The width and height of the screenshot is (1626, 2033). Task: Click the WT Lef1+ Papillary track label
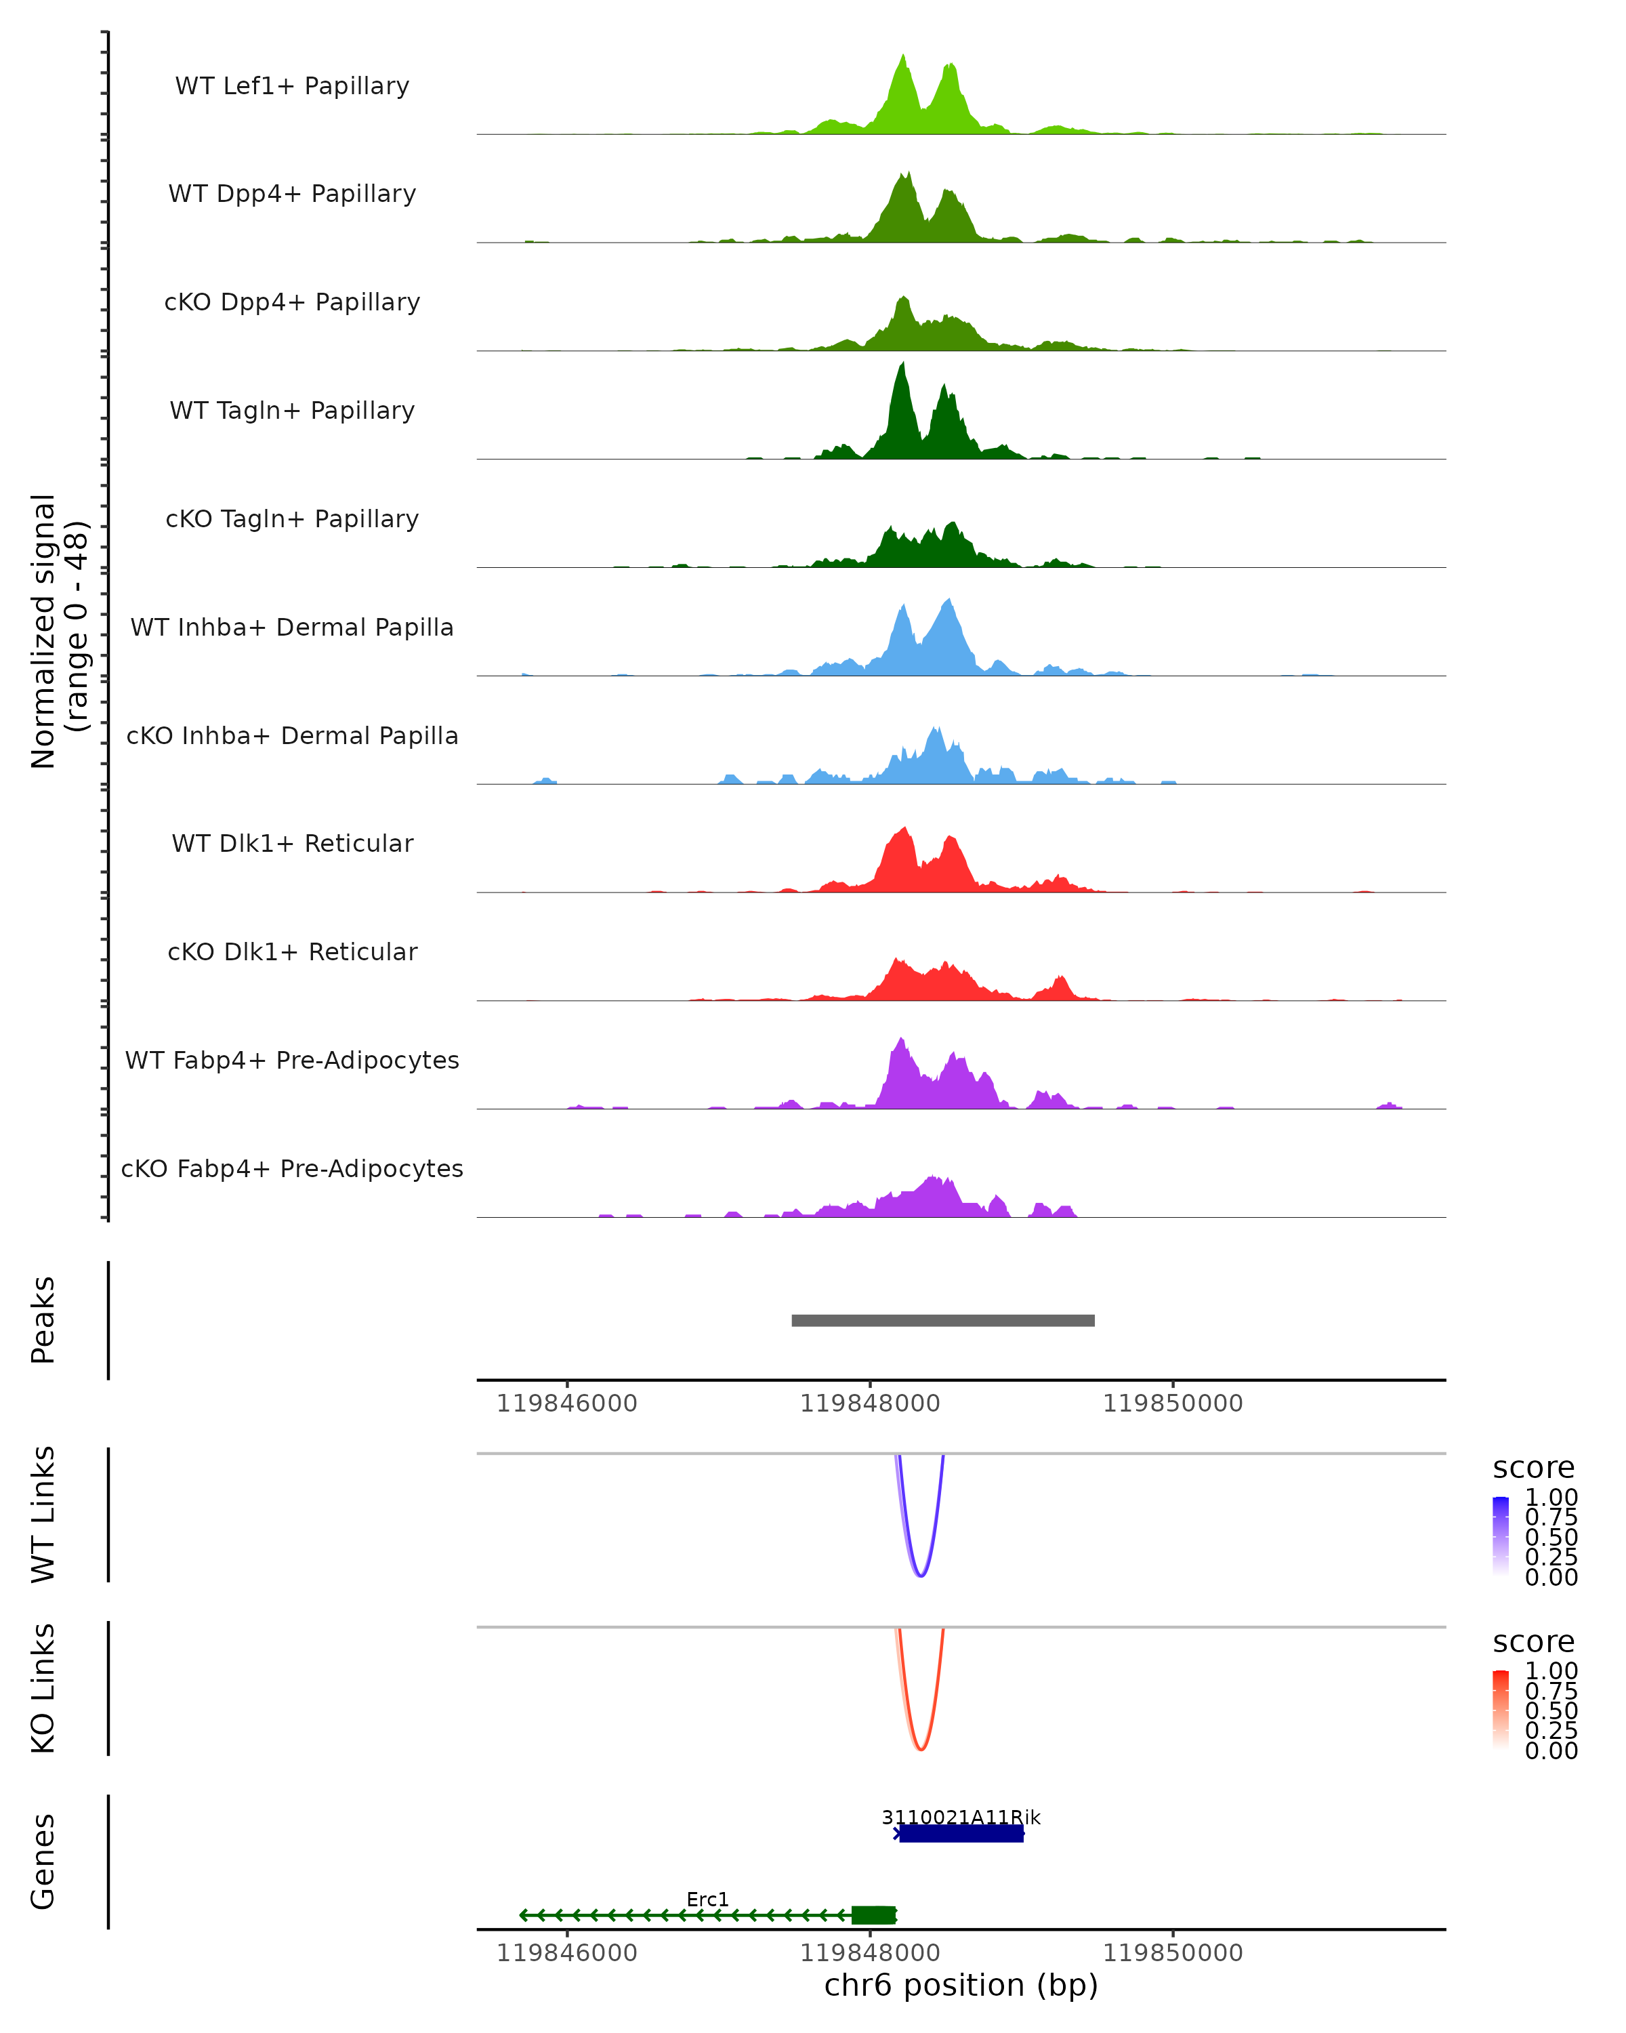click(292, 86)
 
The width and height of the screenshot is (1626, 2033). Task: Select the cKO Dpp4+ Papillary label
click(292, 303)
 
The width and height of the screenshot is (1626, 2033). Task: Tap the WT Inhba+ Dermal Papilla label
click(292, 628)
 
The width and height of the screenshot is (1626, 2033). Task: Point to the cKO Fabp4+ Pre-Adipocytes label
click(292, 1169)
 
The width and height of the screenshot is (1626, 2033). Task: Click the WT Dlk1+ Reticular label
click(292, 844)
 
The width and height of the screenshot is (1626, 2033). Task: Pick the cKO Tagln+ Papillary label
click(292, 520)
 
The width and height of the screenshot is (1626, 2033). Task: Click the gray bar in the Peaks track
click(942, 1320)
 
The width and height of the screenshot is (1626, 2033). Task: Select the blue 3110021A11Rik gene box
click(961, 1833)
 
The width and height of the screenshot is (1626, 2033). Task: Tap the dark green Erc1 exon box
click(873, 1915)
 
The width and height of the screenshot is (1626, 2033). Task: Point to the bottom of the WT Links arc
click(921, 1575)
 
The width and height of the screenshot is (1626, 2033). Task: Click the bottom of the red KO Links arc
click(921, 1749)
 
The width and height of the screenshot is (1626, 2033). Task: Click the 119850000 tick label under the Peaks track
click(1173, 1404)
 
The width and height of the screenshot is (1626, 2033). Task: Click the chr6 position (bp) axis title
click(961, 1986)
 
